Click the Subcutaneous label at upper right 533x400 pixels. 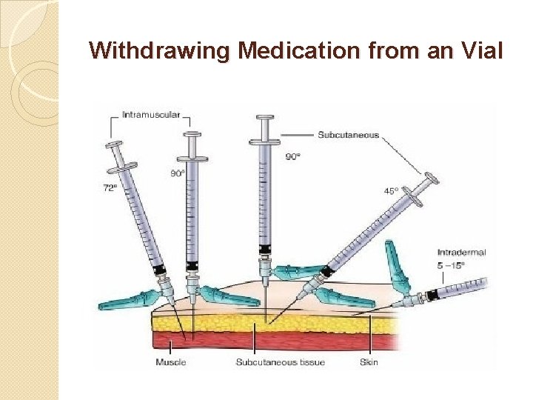pyautogui.click(x=348, y=135)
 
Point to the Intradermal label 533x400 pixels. pyautogui.click(x=461, y=253)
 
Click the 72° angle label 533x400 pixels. pyautogui.click(x=109, y=188)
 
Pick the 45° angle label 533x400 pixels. pyautogui.click(x=391, y=190)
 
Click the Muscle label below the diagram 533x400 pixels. pyautogui.click(x=171, y=362)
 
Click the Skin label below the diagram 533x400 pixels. pyautogui.click(x=369, y=362)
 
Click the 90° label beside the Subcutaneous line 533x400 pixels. pyautogui.click(x=293, y=156)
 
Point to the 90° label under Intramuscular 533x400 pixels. pyautogui.click(x=178, y=173)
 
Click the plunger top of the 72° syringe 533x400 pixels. pyautogui.click(x=114, y=143)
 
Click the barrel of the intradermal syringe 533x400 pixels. pyautogui.click(x=463, y=289)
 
